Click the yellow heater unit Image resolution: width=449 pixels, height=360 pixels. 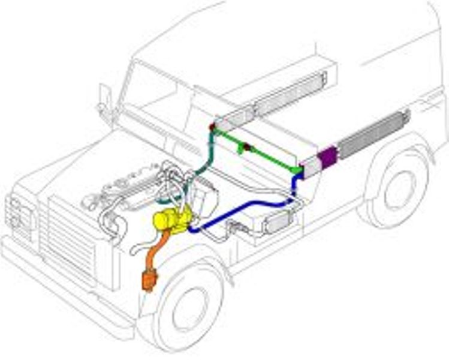tap(171, 218)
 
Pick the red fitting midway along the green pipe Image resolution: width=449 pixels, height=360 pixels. tap(245, 146)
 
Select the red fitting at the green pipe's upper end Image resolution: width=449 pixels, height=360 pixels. tap(212, 127)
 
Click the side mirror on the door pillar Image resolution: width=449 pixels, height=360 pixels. tap(105, 96)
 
